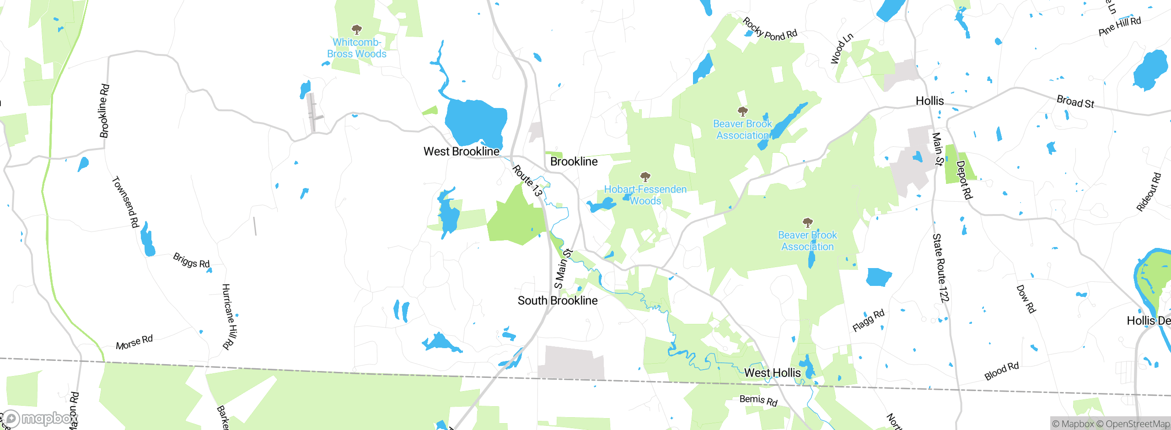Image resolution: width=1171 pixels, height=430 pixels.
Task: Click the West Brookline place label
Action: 461,151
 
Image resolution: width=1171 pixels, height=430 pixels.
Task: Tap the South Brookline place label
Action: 557,301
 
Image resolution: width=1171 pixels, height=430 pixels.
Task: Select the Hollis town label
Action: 929,101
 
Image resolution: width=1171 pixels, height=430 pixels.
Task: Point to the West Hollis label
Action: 772,373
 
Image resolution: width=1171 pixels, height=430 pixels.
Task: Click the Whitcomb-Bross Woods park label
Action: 357,48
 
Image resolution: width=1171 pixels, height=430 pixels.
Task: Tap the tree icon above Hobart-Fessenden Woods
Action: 645,177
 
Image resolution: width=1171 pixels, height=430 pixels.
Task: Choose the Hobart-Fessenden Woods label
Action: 645,195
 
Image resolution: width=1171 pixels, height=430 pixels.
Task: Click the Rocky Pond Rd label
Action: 769,30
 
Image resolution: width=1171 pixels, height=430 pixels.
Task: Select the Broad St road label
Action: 1075,102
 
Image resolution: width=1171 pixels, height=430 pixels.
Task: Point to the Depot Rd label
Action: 964,180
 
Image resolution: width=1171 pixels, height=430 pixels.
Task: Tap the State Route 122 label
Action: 940,268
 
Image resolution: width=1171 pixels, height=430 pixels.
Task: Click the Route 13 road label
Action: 527,181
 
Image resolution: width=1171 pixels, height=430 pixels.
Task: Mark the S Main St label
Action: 563,269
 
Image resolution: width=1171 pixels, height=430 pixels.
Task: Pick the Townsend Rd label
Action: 125,202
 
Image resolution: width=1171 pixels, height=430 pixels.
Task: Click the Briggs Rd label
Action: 191,260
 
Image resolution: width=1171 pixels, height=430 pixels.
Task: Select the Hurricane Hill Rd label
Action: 228,317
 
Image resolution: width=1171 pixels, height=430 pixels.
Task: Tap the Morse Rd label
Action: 134,342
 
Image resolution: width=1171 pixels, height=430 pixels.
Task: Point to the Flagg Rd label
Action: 868,320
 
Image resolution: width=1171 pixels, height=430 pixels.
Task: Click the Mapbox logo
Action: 40,418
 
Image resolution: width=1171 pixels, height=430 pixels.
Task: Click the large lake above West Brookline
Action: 476,121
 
